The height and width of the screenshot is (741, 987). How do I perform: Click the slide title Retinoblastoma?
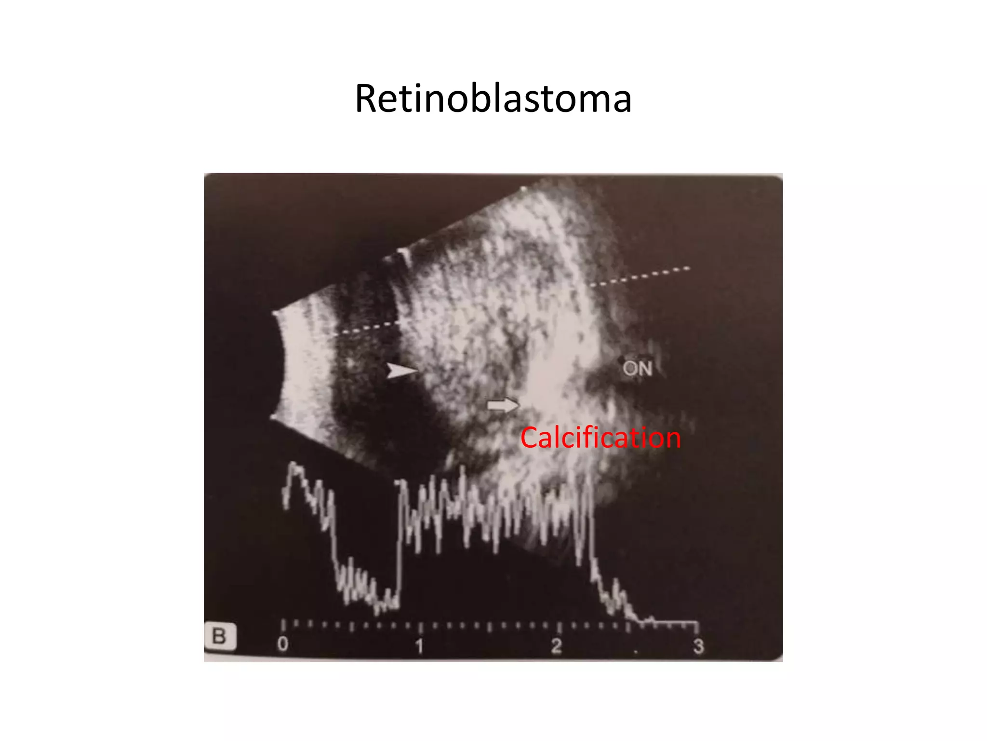tap(493, 98)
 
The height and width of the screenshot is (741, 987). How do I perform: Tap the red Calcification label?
tap(600, 438)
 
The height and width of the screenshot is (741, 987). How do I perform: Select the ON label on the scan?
tap(637, 369)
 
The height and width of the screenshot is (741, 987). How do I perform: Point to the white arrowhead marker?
tap(401, 371)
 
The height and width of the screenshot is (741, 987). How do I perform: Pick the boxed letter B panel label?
tap(220, 636)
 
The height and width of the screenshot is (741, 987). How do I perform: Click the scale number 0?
tap(283, 644)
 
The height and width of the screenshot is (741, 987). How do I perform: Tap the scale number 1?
tap(420, 646)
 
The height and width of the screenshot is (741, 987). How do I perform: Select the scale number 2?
tap(557, 646)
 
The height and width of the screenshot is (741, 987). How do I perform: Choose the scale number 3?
tap(698, 646)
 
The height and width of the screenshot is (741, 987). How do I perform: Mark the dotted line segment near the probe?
tap(366, 328)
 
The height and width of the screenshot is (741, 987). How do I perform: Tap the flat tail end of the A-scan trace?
tap(675, 622)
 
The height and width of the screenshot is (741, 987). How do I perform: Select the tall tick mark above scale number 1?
tap(420, 627)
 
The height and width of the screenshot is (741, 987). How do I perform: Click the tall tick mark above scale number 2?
tap(559, 627)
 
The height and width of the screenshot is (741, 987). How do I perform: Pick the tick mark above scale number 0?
tap(283, 626)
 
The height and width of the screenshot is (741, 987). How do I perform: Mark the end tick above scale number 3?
tap(697, 627)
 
